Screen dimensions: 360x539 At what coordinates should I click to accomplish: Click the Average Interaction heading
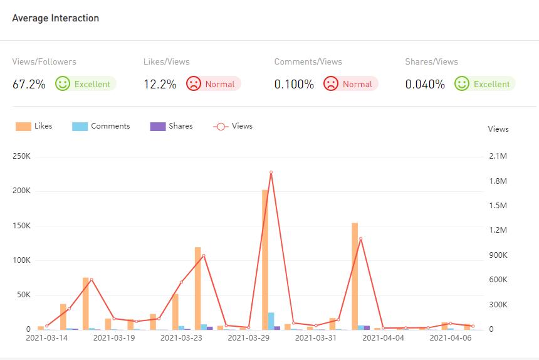(56, 18)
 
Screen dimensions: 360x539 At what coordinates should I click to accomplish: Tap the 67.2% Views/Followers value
(29, 84)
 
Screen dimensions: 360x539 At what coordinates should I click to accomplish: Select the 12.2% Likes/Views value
(160, 84)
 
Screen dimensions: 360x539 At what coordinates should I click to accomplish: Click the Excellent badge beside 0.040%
(484, 84)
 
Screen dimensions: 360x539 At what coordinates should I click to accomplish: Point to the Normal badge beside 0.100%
(350, 84)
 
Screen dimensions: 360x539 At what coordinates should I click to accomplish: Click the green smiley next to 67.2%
(62, 83)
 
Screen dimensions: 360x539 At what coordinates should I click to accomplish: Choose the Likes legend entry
(34, 126)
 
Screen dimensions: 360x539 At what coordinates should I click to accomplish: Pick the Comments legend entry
(102, 126)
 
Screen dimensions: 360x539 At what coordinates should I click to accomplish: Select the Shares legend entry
(172, 126)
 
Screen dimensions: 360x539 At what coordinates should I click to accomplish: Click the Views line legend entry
(233, 126)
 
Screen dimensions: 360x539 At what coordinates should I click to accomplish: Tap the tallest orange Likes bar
(265, 258)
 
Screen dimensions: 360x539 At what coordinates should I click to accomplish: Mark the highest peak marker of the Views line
(271, 172)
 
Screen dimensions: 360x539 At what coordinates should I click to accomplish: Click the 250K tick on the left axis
(21, 156)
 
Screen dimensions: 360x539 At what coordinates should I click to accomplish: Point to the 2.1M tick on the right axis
(498, 156)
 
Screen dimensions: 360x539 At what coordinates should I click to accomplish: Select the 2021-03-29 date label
(249, 337)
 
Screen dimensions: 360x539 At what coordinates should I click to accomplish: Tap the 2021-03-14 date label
(47, 337)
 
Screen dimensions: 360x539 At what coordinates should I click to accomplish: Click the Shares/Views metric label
(431, 61)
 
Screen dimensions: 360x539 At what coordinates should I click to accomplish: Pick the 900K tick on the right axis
(498, 255)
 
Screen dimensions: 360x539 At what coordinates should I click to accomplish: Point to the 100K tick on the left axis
(21, 260)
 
